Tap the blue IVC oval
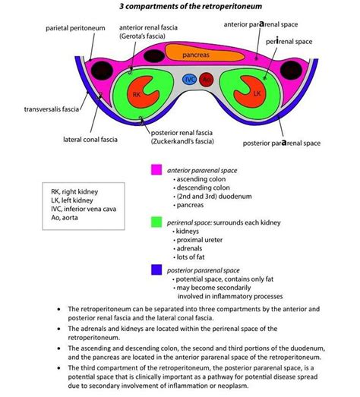point(191,78)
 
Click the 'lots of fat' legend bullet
point(199,259)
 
